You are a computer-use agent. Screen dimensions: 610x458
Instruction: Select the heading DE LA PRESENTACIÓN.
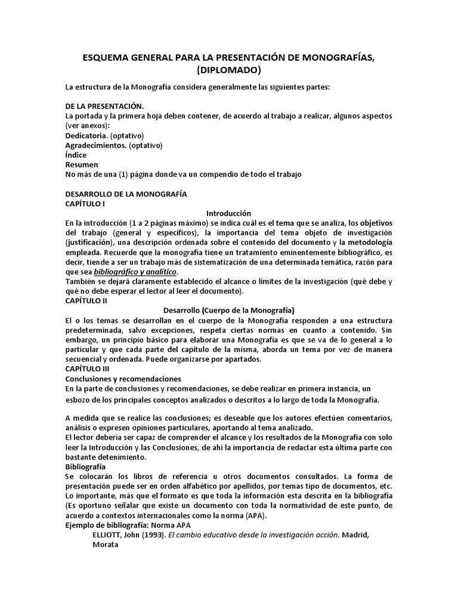[x=104, y=106]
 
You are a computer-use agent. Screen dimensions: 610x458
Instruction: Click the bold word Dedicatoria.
[x=86, y=136]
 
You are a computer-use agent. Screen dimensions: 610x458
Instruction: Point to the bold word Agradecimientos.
[x=96, y=145]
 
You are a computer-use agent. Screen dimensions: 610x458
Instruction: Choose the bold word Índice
[x=76, y=155]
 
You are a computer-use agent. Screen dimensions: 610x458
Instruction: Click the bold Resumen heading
[x=81, y=164]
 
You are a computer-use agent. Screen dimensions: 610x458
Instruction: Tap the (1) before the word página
[x=114, y=175]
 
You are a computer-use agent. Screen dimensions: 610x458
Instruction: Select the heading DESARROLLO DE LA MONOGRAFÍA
[x=126, y=194]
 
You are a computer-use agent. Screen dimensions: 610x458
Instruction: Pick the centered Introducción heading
[x=228, y=213]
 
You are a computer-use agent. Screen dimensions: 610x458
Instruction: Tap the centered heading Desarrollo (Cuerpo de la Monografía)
[x=229, y=310]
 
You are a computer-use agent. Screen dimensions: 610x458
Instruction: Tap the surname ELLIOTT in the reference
[x=107, y=535]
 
